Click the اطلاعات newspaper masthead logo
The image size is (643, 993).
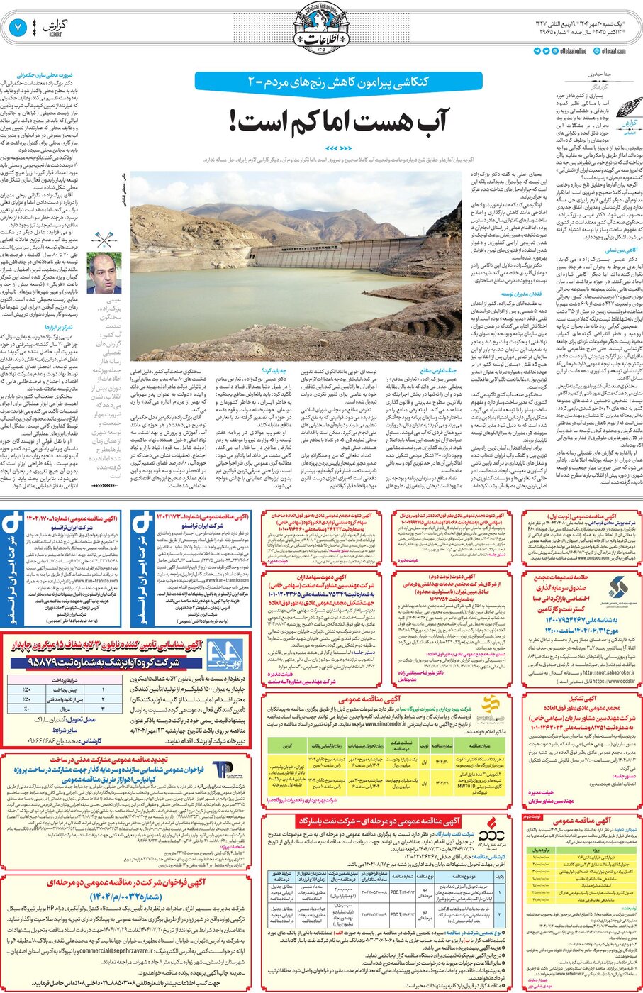(320, 28)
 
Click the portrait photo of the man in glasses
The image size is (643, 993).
(104, 273)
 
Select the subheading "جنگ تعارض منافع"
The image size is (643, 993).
(439, 370)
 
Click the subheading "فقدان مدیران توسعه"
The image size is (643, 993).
(522, 294)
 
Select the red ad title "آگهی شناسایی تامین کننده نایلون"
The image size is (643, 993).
(135, 645)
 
